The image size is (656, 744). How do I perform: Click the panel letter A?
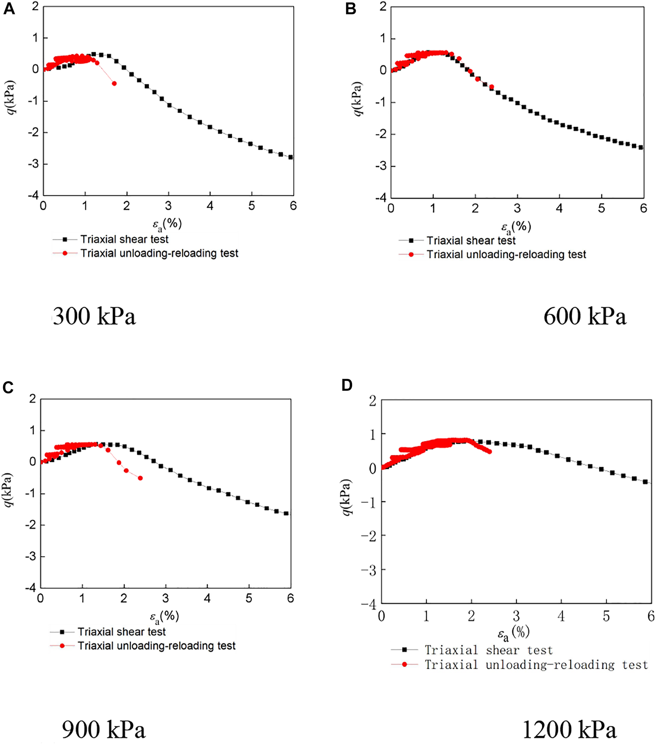[x=9, y=9]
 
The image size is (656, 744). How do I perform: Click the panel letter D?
[x=347, y=386]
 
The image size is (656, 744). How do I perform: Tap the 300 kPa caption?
[x=94, y=317]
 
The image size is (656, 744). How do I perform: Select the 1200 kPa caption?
[x=569, y=730]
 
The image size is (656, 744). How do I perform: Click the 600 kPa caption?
[x=585, y=317]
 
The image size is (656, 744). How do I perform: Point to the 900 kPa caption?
[x=104, y=730]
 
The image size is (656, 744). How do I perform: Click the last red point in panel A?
[x=114, y=83]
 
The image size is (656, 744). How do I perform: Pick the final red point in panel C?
[x=140, y=478]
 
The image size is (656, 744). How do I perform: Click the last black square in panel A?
[x=291, y=157]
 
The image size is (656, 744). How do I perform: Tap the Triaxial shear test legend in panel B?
[x=471, y=241]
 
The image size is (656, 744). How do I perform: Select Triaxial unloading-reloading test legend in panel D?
[x=536, y=664]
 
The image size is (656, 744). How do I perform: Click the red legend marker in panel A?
[x=64, y=253]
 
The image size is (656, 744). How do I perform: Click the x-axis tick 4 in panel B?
[x=559, y=208]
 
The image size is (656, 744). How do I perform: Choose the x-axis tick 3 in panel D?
[x=516, y=617]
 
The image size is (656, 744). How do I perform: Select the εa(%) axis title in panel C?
[x=165, y=617]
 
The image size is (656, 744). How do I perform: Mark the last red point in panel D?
[x=489, y=451]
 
